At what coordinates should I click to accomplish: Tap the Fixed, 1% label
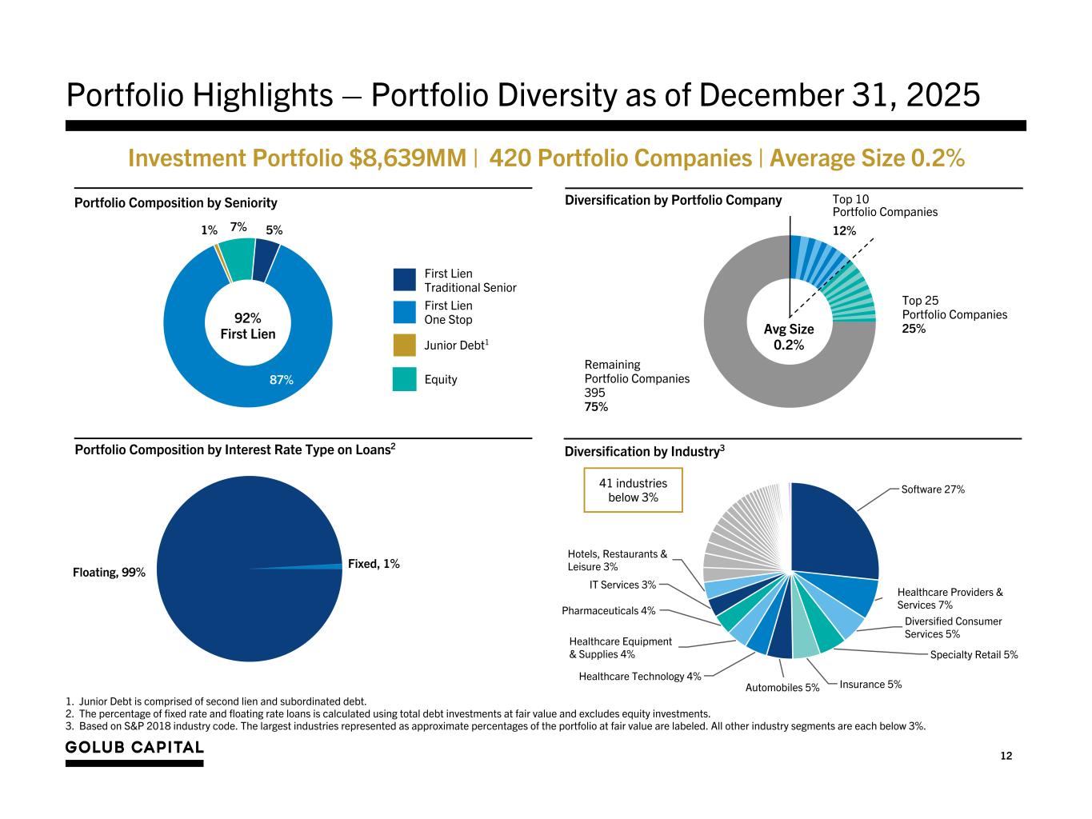[374, 564]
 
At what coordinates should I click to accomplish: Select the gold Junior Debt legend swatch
[404, 346]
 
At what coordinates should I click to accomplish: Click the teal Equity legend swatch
[404, 379]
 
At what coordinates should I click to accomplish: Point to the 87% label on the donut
[281, 380]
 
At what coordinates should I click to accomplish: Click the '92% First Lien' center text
[247, 326]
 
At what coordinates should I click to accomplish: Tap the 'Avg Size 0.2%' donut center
[789, 337]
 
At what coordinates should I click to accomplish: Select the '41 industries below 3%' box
[633, 490]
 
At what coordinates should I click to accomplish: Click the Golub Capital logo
[134, 747]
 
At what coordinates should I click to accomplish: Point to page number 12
[1006, 756]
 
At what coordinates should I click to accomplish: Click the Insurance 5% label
[870, 684]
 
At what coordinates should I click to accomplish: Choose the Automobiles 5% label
[782, 687]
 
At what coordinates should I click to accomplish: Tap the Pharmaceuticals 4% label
[608, 611]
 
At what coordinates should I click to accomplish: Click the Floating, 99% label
[109, 573]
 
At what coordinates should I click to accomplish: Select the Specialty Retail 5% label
[974, 654]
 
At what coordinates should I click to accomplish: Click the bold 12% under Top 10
[844, 230]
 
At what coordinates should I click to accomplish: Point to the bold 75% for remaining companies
[596, 407]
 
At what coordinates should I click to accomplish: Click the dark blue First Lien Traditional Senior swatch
[404, 280]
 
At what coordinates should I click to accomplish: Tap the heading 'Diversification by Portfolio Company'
[673, 200]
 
